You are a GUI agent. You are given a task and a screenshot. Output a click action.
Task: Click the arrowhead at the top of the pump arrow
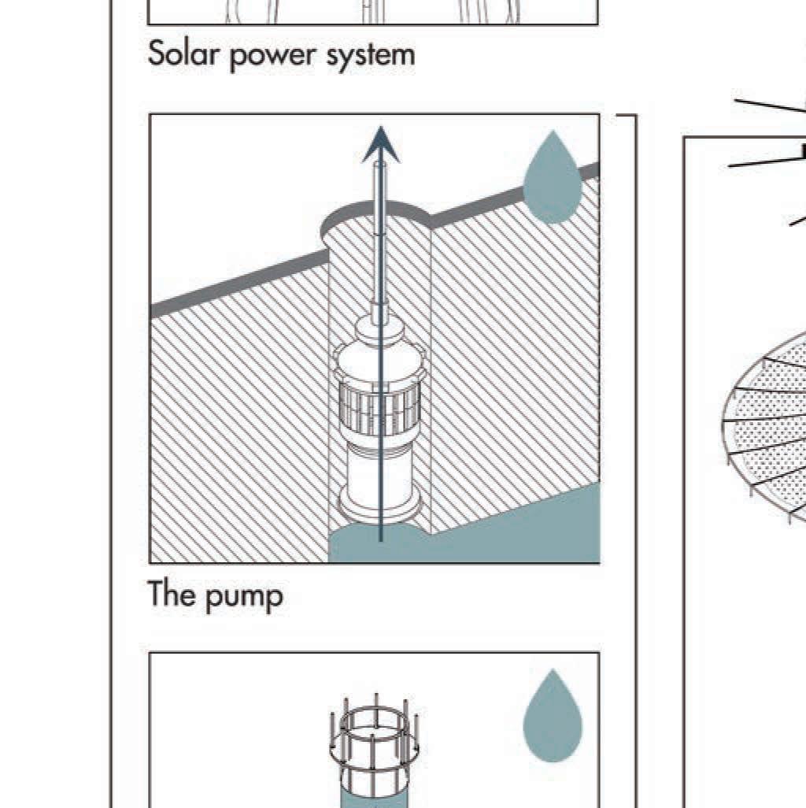coord(381,146)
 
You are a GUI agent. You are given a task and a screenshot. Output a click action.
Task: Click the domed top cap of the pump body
coord(381,339)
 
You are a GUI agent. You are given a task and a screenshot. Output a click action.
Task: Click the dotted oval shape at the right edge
coord(767,425)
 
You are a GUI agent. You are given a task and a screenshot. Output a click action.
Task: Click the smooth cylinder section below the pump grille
coord(381,465)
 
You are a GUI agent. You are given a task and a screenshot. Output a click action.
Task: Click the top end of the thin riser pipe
coord(381,165)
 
